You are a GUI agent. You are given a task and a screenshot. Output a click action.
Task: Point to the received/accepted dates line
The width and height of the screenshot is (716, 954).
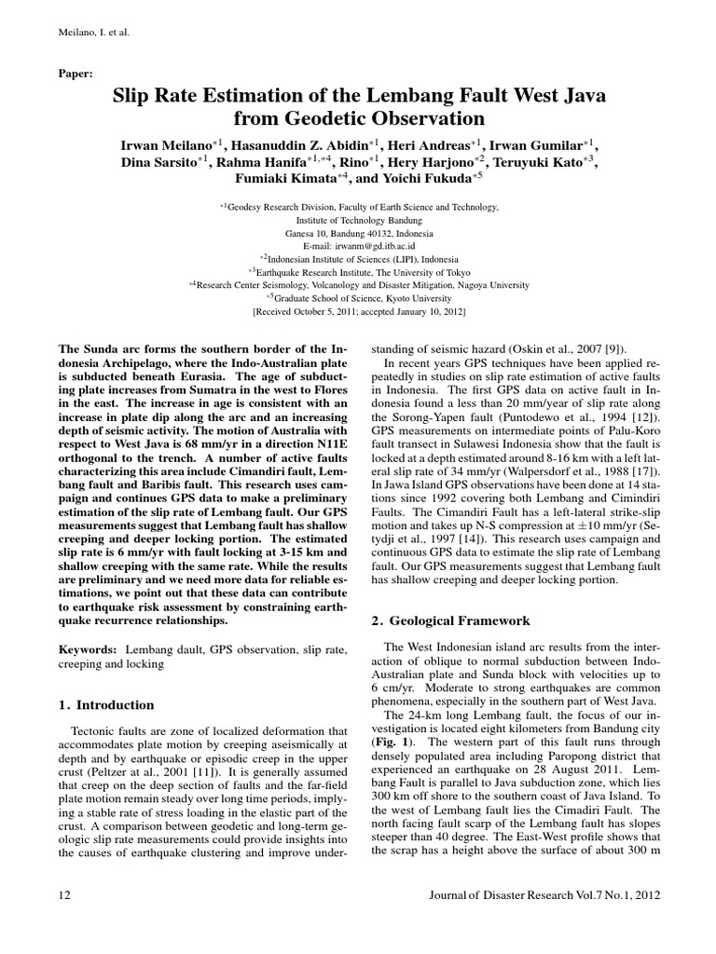point(359,310)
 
